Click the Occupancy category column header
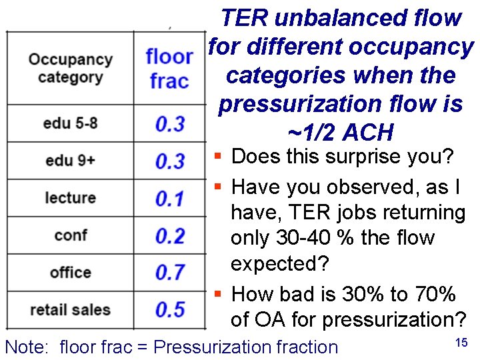[70, 67]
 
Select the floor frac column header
[169, 68]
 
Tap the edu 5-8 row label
[70, 123]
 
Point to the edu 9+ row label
[70, 161]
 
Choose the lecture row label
[70, 198]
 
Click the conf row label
[70, 235]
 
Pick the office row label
[70, 273]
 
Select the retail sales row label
[70, 310]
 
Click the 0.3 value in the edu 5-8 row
[170, 124]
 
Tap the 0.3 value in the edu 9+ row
[170, 161]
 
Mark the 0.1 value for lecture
[170, 199]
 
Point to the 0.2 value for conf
[170, 236]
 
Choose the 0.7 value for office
[170, 273]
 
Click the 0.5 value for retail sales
[170, 310]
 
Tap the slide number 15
[460, 343]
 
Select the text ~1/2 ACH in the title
[340, 133]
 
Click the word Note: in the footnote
[27, 347]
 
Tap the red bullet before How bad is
[218, 294]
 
